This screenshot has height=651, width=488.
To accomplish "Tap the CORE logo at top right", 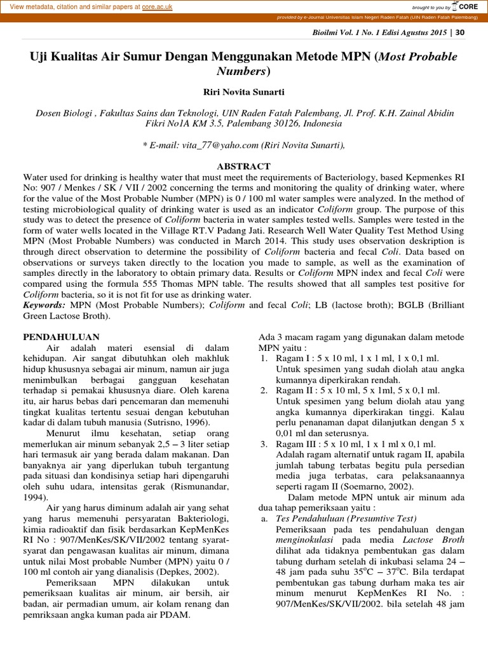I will pos(467,7).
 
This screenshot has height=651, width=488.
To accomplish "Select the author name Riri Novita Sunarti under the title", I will pos(243,92).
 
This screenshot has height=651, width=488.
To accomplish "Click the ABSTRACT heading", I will pos(243,166).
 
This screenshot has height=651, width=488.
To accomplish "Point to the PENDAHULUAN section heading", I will pos(61,336).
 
